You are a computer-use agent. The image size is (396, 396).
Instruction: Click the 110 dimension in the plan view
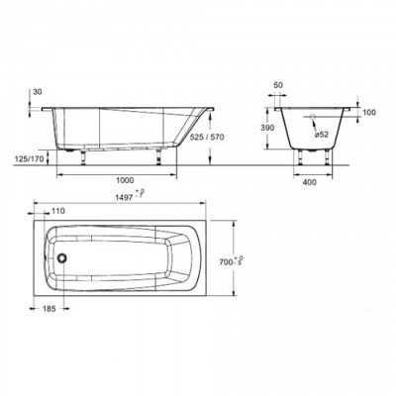point(57,212)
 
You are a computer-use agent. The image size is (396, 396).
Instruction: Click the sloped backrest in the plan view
point(183,255)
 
